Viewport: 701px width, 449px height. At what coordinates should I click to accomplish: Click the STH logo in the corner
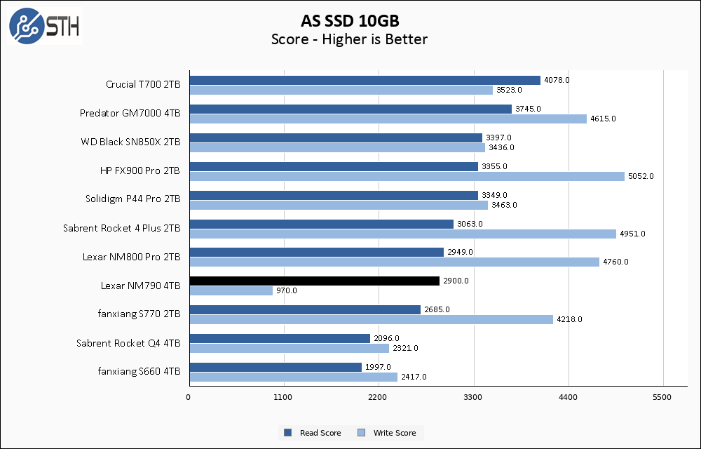(44, 26)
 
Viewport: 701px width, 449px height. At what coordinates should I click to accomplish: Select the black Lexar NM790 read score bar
(314, 281)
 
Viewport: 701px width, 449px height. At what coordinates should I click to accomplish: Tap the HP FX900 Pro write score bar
(407, 176)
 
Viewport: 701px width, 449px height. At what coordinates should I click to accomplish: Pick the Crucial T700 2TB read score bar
(365, 80)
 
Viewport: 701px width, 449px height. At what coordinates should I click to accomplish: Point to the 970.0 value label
(286, 290)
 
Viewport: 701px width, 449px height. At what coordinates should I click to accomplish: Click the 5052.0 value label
(641, 176)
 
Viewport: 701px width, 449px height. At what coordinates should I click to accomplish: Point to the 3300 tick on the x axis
(474, 398)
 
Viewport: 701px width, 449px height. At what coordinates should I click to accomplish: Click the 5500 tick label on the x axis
(663, 398)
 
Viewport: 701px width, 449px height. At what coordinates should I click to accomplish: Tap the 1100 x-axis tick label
(284, 398)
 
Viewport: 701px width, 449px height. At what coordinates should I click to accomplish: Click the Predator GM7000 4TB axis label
(130, 113)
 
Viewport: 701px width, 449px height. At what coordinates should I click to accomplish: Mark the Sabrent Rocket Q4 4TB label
(128, 343)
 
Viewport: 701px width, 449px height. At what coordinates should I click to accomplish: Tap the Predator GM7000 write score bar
(388, 119)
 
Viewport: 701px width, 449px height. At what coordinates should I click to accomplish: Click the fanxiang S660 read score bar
(275, 367)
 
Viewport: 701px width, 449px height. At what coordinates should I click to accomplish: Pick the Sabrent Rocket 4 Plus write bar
(402, 234)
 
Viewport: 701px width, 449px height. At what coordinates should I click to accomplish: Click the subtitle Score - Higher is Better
(349, 39)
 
